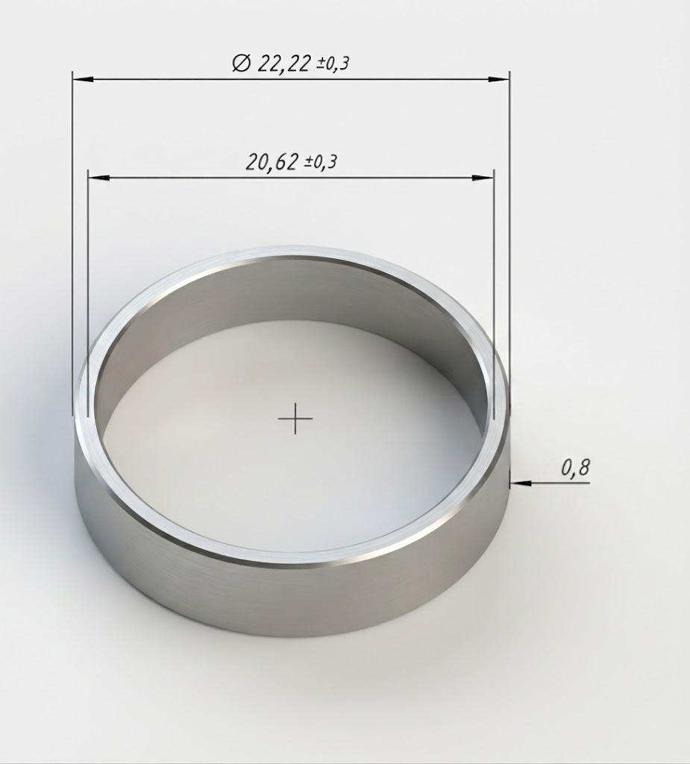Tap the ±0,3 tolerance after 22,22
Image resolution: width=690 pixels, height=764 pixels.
(x=333, y=63)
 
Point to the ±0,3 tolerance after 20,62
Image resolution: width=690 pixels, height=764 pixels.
(x=321, y=162)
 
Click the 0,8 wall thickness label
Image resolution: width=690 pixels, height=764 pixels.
(x=575, y=468)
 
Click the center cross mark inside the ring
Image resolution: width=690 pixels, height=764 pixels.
(x=295, y=419)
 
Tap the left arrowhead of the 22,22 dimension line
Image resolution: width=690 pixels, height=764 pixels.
(x=83, y=78)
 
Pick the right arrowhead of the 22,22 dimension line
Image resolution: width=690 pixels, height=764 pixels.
(x=500, y=78)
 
